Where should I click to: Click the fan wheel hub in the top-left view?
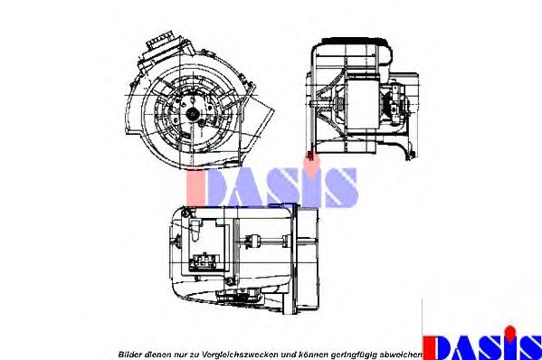(x=193, y=113)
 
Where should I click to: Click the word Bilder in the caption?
(x=131, y=353)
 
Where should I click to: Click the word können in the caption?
(x=309, y=353)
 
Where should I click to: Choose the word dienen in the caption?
(x=160, y=353)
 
